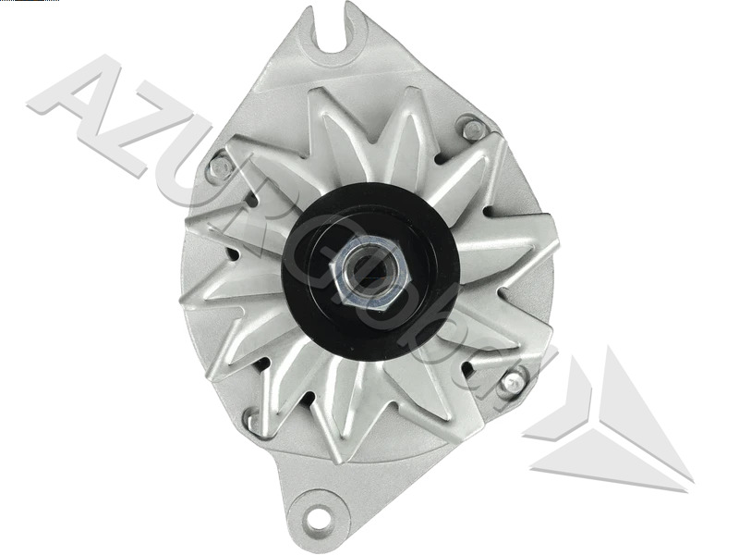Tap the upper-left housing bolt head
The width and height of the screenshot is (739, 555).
tap(220, 167)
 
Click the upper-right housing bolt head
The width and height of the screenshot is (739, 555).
tap(474, 129)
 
